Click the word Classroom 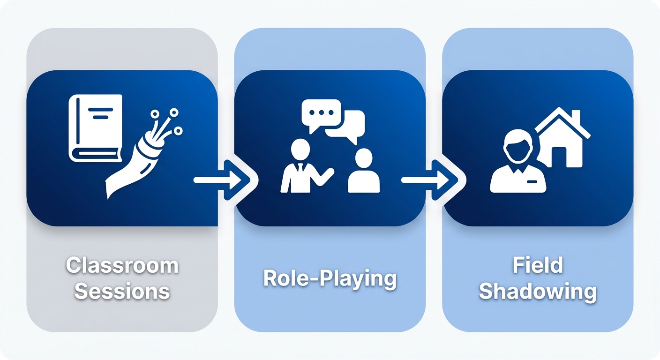pyautogui.click(x=122, y=265)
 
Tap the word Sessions pyautogui.click(x=122, y=291)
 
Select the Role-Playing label pyautogui.click(x=330, y=278)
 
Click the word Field pyautogui.click(x=537, y=265)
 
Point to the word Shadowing pyautogui.click(x=537, y=291)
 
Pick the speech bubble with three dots pyautogui.click(x=321, y=114)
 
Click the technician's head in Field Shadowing pyautogui.click(x=518, y=145)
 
